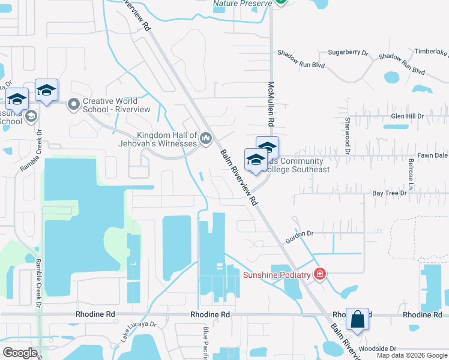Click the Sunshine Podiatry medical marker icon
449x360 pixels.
coord(320,275)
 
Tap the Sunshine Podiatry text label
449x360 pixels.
coord(277,275)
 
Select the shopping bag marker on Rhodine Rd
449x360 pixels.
coord(357,320)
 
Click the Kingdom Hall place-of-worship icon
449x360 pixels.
coord(206,139)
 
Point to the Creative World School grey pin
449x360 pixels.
coord(74,105)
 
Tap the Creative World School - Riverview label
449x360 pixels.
coord(110,106)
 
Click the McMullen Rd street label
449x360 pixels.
coord(271,104)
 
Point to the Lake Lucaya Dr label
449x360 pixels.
coord(138,330)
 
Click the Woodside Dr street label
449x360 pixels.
coord(376,349)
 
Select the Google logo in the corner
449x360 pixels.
coord(20,353)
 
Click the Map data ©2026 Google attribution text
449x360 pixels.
coord(411,355)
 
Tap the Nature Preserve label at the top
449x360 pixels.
coord(241,3)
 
